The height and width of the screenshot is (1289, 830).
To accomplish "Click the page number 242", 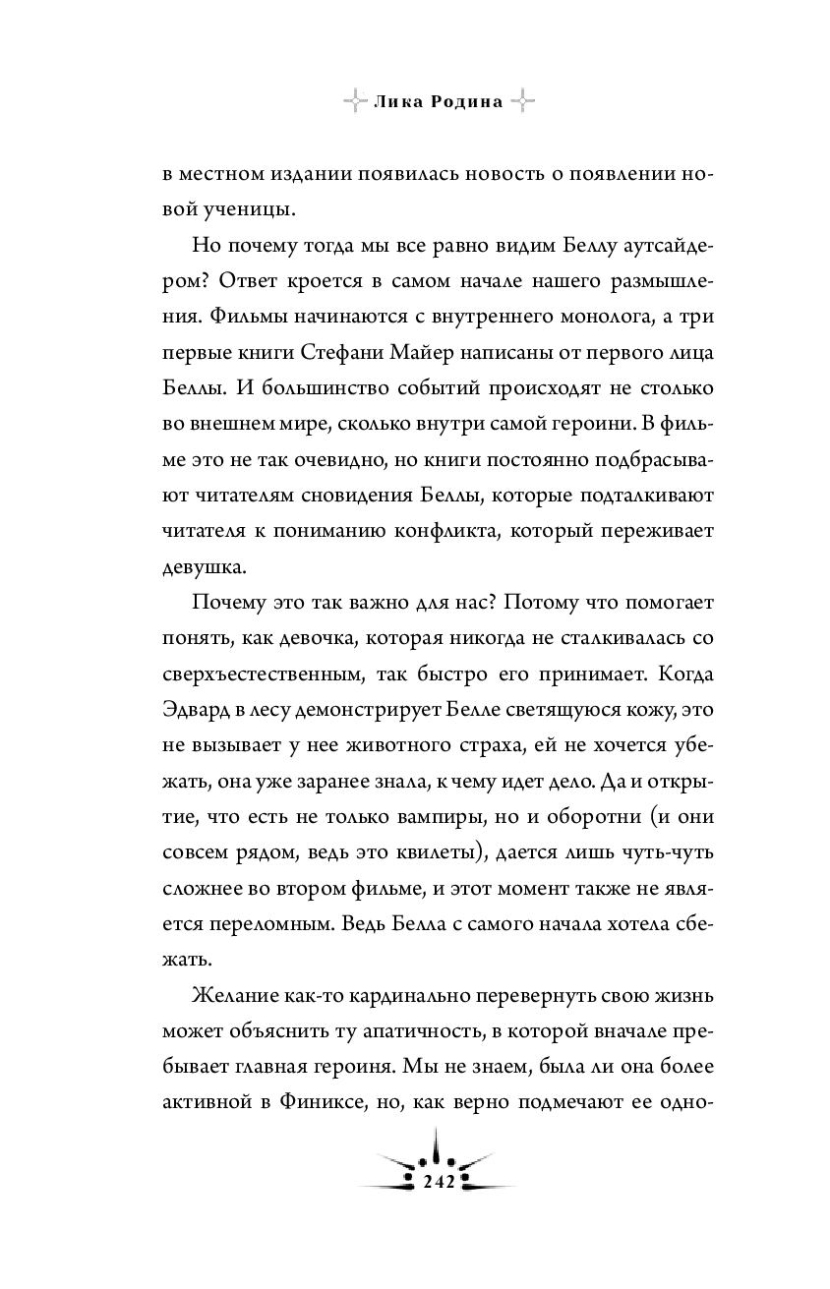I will tap(437, 1182).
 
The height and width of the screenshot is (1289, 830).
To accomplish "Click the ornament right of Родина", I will tap(524, 101).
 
